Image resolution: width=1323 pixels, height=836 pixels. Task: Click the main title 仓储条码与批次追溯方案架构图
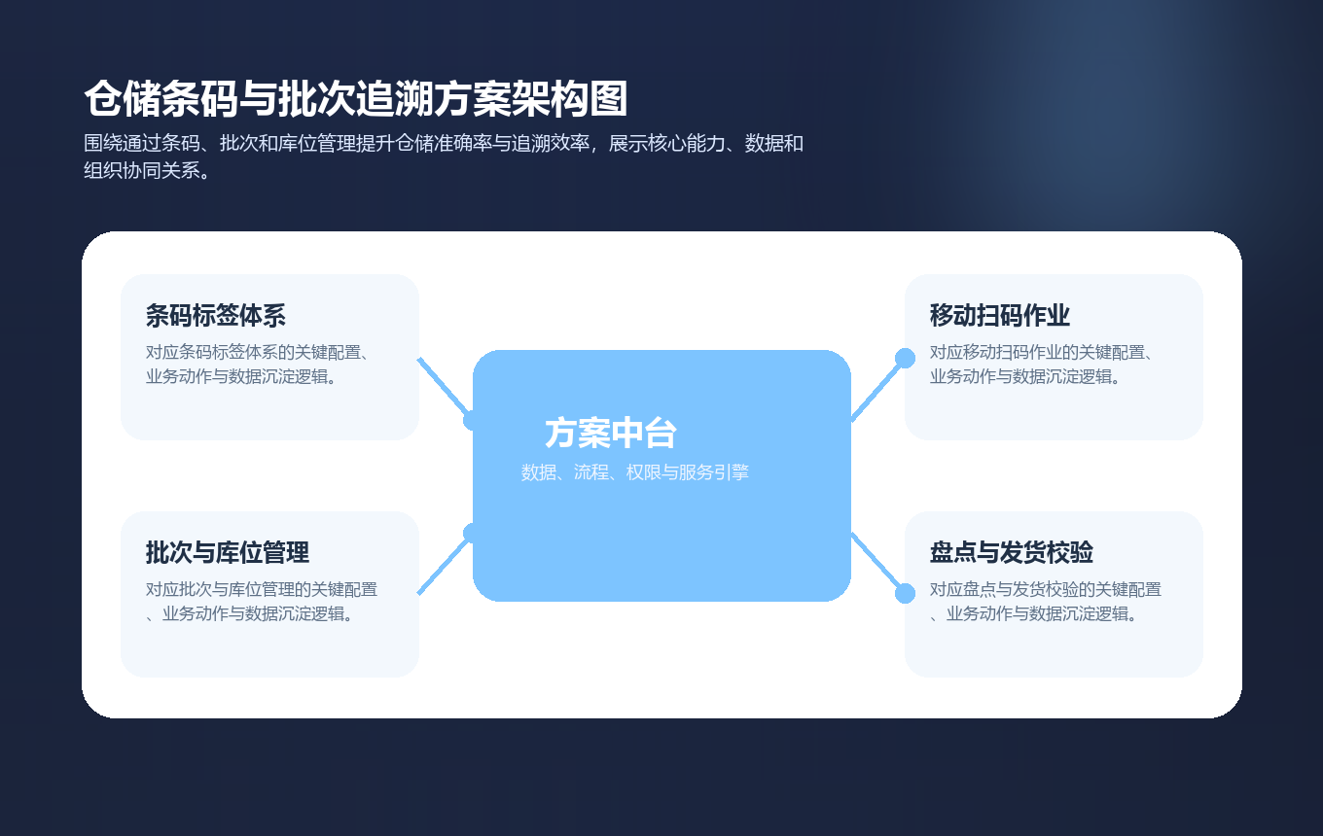coord(355,99)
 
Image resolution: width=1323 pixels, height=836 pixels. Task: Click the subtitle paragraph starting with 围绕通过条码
coord(443,157)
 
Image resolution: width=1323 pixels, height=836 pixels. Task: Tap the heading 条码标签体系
coord(215,316)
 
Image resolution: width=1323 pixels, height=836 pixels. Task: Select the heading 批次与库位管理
coord(227,553)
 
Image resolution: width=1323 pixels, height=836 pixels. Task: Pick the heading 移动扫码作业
coord(999,316)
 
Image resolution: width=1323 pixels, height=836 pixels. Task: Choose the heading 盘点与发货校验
coord(1011,553)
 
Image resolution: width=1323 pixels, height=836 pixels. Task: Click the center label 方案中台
coord(610,433)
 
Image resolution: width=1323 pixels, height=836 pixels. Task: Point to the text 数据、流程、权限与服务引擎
coord(634,472)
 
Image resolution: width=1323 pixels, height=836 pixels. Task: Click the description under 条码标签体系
coord(261,365)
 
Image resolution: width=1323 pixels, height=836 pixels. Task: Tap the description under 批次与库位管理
coord(261,602)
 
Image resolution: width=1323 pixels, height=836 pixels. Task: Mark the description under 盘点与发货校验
coord(1045,602)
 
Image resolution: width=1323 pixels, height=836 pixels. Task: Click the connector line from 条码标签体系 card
coord(444,387)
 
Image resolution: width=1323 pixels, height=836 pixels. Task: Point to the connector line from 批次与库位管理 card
coord(444,565)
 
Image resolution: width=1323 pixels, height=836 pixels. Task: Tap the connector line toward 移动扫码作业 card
coord(877,389)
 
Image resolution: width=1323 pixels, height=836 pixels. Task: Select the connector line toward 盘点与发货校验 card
coord(877,563)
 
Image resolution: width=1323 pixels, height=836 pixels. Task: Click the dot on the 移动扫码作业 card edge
coord(905,358)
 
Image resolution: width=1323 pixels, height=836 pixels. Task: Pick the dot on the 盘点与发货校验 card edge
coord(905,593)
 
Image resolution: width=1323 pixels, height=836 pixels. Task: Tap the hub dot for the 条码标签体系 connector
coord(473,420)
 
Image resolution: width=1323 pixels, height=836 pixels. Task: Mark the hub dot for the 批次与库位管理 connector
coord(473,533)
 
